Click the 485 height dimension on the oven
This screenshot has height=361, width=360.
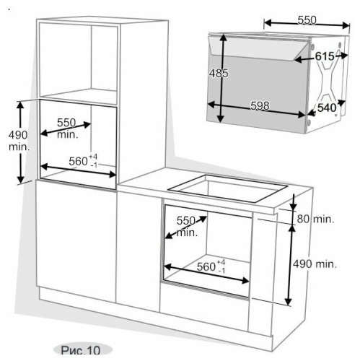click(x=219, y=73)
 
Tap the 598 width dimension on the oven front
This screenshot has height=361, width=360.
click(x=260, y=105)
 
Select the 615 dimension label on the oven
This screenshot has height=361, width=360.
click(x=325, y=56)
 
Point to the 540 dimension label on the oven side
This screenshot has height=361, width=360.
click(x=327, y=108)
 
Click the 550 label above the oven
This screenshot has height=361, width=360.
click(x=307, y=20)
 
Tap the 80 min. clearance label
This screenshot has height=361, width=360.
click(x=315, y=219)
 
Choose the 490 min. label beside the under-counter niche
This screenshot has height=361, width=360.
click(x=315, y=264)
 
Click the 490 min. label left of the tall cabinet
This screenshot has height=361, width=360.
click(x=19, y=141)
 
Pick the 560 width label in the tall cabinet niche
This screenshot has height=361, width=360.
click(x=78, y=161)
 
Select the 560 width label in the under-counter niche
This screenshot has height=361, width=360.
click(x=206, y=266)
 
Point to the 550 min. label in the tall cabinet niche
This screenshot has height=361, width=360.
click(x=68, y=129)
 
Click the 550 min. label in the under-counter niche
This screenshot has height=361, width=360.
click(x=187, y=227)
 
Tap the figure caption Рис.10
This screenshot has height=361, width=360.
click(x=81, y=349)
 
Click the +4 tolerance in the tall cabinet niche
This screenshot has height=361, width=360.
click(x=93, y=157)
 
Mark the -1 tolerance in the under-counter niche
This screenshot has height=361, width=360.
click(x=221, y=271)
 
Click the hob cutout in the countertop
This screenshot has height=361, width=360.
click(x=228, y=188)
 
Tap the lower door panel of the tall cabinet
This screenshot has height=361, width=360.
click(x=76, y=241)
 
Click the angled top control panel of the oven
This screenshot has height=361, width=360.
click(x=258, y=47)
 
